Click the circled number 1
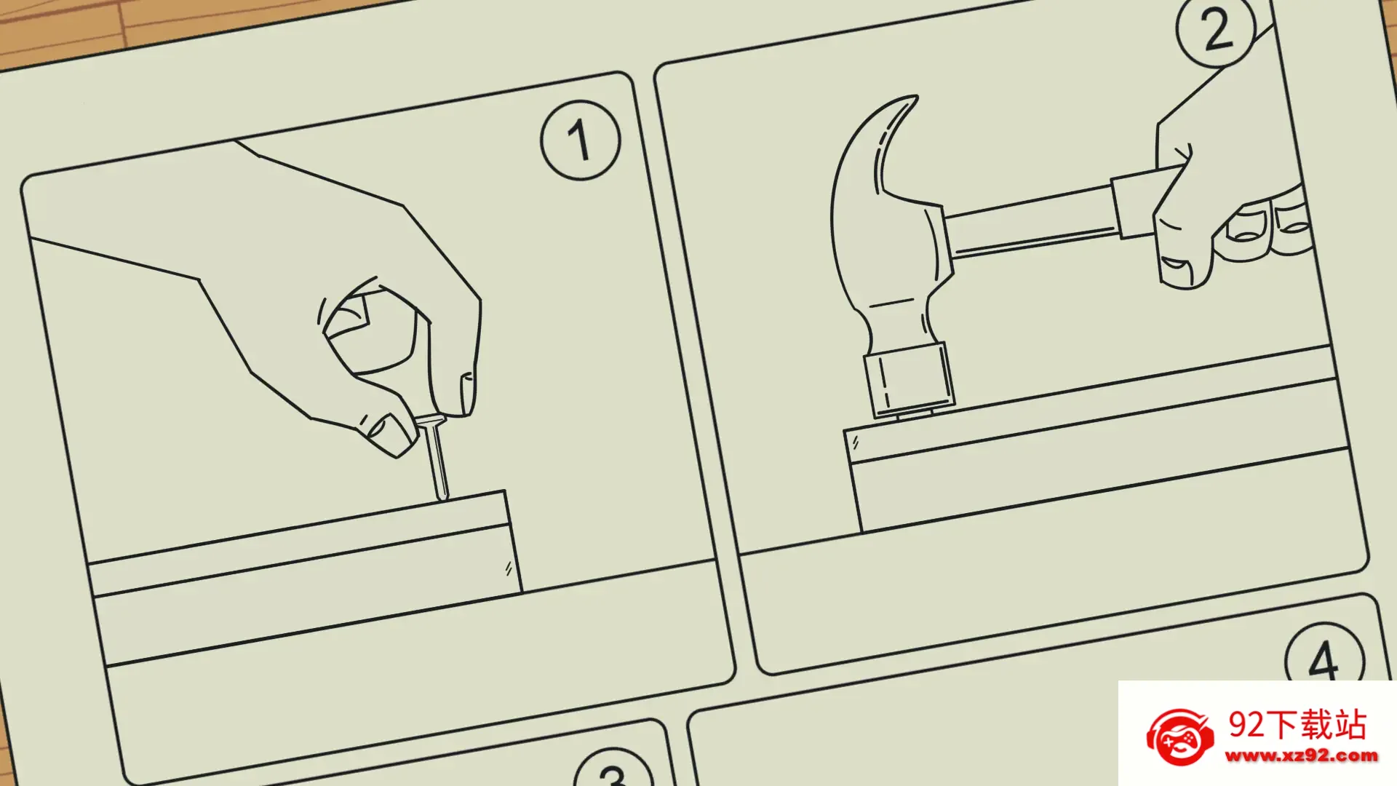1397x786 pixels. coord(580,140)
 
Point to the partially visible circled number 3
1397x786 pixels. coord(613,769)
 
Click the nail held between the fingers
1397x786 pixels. coord(435,458)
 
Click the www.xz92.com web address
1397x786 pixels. coord(1301,756)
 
